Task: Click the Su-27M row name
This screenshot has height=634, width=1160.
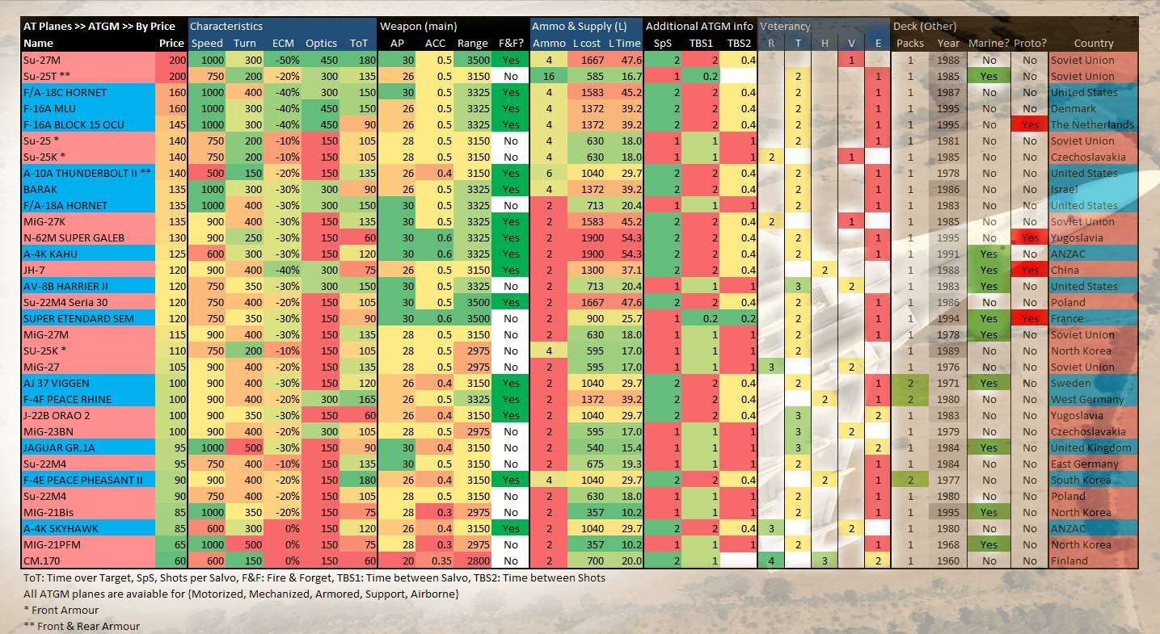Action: coord(42,60)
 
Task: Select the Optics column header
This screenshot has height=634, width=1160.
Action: coord(321,44)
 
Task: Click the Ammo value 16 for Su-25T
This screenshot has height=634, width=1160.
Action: coord(549,76)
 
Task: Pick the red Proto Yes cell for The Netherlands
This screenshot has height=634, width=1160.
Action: coord(1030,124)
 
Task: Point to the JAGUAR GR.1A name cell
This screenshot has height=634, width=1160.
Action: coord(59,447)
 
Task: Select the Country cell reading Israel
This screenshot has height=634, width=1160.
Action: coord(1064,190)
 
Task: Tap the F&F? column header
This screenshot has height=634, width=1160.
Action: coord(511,44)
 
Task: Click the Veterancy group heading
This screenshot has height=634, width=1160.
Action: coord(785,26)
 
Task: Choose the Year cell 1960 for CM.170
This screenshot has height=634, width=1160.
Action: coord(947,561)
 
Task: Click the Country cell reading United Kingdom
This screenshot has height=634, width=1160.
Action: coord(1091,447)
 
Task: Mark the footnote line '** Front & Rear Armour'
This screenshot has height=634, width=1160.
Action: coord(82,626)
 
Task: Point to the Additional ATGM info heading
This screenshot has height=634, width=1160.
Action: coord(699,26)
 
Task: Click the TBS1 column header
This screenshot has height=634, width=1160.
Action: coord(701,44)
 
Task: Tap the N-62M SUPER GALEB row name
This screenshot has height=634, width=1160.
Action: coord(74,238)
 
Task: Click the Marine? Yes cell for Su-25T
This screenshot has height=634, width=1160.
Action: coord(989,76)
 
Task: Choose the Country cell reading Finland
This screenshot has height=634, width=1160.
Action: coord(1069,561)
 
